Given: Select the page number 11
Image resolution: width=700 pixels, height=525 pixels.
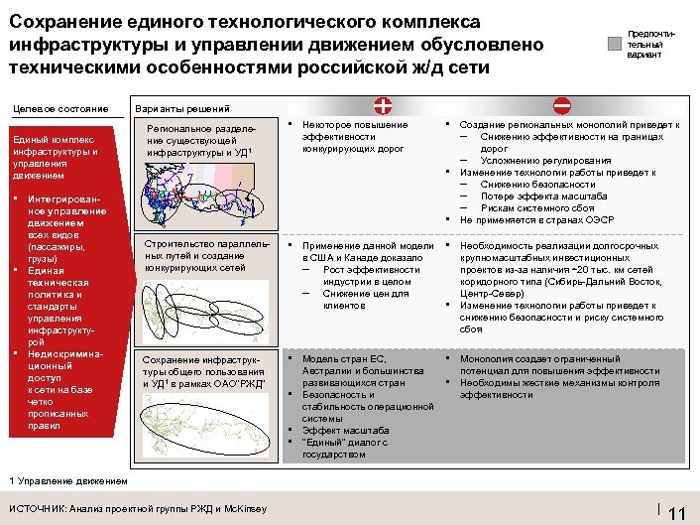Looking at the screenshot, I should click(678, 512).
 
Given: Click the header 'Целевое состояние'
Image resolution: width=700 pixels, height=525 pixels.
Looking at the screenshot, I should click(60, 108).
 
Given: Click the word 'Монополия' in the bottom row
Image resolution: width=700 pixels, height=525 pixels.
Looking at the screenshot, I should click(487, 358).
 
